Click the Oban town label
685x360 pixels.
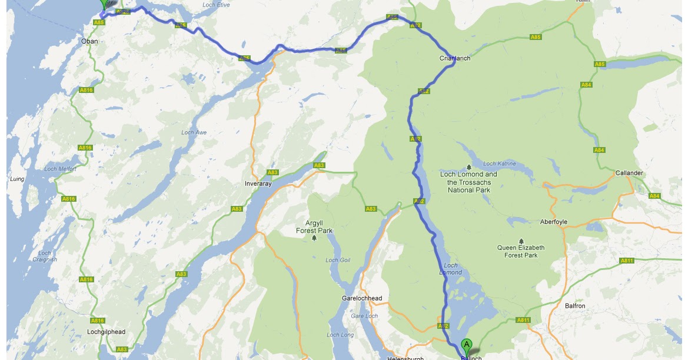(x=89, y=41)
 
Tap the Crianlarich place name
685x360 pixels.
(x=455, y=59)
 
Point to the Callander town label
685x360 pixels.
(x=629, y=174)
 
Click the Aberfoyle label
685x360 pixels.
(x=553, y=222)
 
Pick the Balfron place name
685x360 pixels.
(x=575, y=306)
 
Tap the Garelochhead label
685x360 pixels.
(x=362, y=298)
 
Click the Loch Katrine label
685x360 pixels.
(x=499, y=164)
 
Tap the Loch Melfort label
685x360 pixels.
(x=60, y=169)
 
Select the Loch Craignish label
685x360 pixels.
(x=45, y=256)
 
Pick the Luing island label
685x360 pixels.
(x=16, y=178)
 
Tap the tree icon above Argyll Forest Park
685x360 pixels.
(x=314, y=238)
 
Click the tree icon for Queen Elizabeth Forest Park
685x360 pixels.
(x=521, y=241)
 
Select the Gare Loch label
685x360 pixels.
(x=364, y=316)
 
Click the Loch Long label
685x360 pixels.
(x=340, y=335)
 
